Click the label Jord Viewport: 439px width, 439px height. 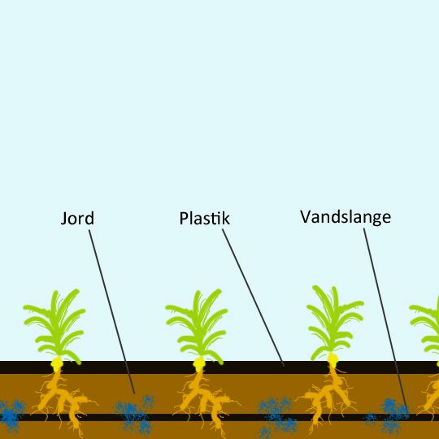77,219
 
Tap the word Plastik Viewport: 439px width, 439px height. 204,218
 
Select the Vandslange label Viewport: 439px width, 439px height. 346,217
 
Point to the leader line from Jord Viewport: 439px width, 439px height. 111,311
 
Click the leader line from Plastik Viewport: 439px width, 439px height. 253,298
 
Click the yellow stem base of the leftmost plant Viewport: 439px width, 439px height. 57,364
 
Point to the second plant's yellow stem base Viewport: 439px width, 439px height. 199,364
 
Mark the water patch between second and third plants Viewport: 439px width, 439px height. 276,415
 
